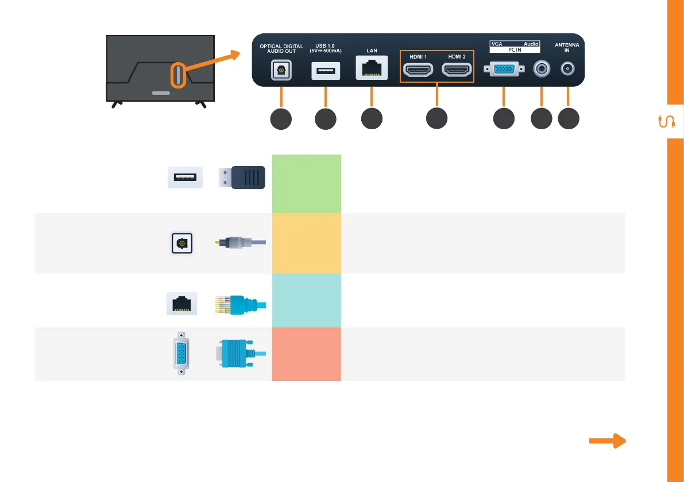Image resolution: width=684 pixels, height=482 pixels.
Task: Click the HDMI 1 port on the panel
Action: [x=419, y=70]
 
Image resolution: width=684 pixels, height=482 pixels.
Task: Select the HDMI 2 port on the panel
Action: [x=456, y=70]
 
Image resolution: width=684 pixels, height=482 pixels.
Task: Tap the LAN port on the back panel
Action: [x=372, y=70]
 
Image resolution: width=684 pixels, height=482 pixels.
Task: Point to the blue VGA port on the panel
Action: [x=504, y=70]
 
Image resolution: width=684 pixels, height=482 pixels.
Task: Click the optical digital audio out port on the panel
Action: [x=281, y=70]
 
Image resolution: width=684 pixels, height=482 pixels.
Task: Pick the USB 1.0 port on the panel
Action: [x=326, y=70]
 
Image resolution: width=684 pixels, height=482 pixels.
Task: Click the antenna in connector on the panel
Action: [x=568, y=70]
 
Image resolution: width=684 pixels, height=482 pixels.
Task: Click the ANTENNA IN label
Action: [x=567, y=47]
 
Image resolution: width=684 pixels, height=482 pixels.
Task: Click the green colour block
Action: [x=306, y=183]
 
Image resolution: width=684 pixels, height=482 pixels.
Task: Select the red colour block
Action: [x=306, y=354]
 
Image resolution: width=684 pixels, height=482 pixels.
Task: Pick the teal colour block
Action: [x=306, y=300]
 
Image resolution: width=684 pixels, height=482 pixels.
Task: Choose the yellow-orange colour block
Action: [x=306, y=243]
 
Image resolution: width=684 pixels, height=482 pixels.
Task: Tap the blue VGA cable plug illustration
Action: [x=241, y=353]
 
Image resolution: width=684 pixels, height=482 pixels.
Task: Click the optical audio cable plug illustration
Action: [x=240, y=243]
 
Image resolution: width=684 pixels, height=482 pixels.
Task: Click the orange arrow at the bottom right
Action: [x=607, y=441]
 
